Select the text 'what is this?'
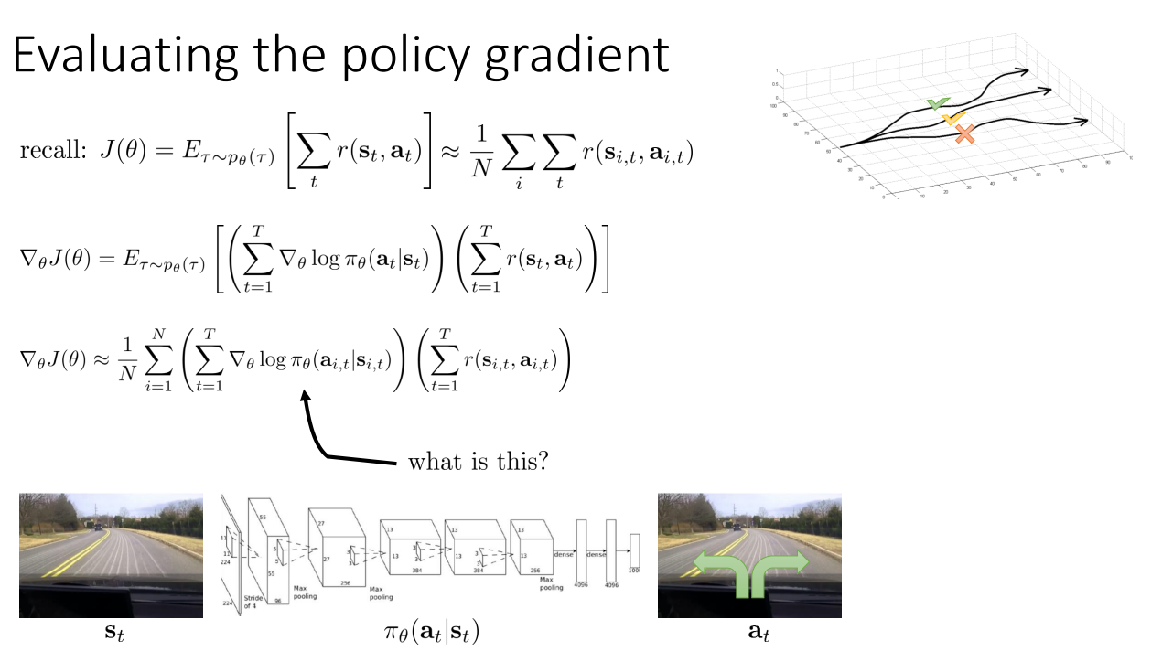click(x=478, y=461)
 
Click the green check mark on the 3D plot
click(x=936, y=105)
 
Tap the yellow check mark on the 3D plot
click(x=952, y=120)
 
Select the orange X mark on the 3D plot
click(x=964, y=135)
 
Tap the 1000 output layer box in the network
click(x=635, y=553)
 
